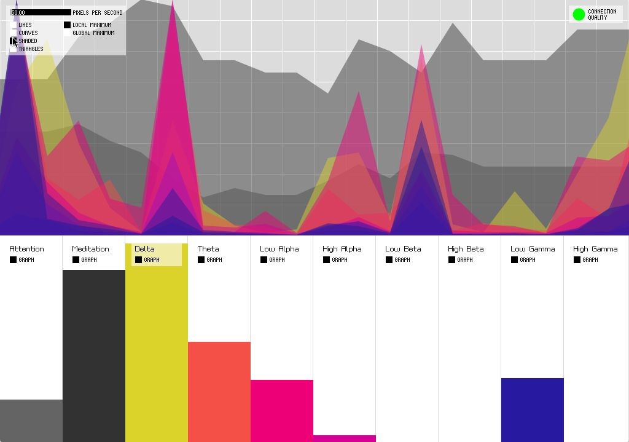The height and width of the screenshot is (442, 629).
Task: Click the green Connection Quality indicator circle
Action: coord(579,14)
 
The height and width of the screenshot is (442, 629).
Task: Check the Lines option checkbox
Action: coord(14,25)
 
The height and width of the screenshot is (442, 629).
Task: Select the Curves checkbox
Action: coord(14,33)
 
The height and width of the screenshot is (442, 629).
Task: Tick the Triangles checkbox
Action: coord(14,49)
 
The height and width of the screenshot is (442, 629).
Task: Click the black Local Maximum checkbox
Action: coord(68,25)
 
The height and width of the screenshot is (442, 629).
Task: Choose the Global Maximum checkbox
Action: coord(68,33)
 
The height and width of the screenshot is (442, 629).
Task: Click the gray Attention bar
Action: coord(31,420)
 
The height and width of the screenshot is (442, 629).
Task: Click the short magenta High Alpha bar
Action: coord(345,438)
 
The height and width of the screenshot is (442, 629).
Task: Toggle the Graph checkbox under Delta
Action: coord(139,260)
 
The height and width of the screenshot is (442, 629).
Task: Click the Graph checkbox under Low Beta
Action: coord(389,260)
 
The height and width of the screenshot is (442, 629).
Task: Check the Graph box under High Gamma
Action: coord(577,260)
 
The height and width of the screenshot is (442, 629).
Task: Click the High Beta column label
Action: coord(466,249)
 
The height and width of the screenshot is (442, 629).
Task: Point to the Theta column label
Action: coord(208,249)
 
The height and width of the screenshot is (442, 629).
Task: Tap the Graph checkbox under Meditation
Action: coord(76,260)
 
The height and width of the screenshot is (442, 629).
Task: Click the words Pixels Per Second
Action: coord(98,12)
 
